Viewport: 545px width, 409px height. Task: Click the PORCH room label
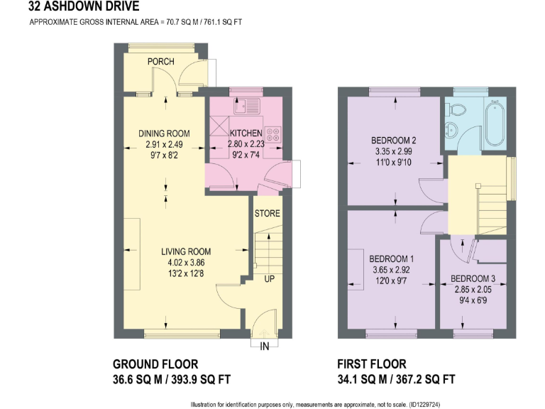(x=161, y=62)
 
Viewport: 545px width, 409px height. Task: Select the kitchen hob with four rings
(x=273, y=133)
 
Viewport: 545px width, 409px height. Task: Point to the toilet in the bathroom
(x=455, y=110)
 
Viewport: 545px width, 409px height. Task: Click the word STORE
(x=267, y=213)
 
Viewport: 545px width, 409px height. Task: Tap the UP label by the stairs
(x=269, y=279)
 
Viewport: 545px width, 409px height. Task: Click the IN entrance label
(x=265, y=347)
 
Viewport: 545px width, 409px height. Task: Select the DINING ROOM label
(x=164, y=133)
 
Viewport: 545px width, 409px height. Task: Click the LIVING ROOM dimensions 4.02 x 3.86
(x=185, y=263)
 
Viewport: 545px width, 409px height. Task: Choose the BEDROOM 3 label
(x=473, y=278)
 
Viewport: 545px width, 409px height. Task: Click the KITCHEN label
(x=246, y=133)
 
